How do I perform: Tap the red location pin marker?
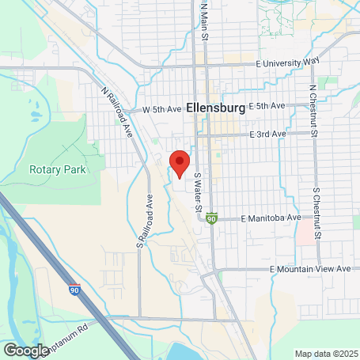[180, 162]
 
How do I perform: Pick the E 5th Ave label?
[266, 105]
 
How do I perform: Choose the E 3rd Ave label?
[267, 135]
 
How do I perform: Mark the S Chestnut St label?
[317, 211]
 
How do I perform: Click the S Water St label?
[199, 192]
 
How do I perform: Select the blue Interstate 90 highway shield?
[74, 290]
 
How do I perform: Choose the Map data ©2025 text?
[326, 353]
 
